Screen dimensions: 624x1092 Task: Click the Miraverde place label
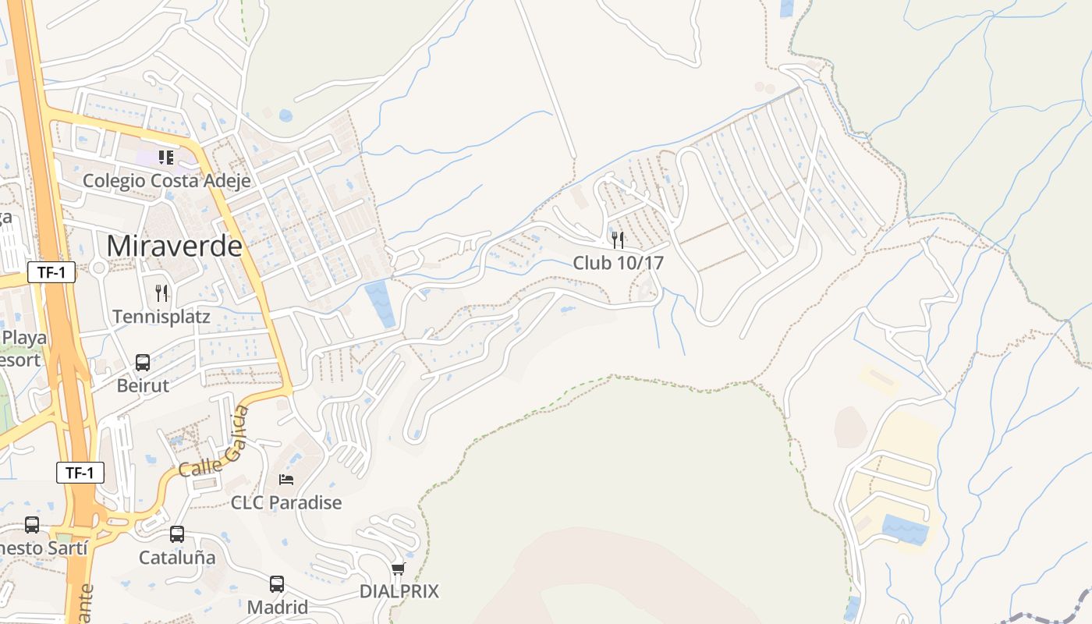click(174, 246)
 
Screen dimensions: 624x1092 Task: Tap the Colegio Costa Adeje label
click(167, 181)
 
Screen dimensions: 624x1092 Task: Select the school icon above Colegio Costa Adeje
click(165, 158)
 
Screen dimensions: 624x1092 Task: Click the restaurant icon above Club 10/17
click(618, 239)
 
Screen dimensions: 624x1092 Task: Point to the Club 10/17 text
click(618, 263)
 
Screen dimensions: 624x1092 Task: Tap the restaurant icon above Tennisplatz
click(161, 293)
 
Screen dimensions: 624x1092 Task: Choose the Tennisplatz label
click(161, 317)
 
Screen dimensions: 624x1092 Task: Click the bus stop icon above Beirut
click(143, 362)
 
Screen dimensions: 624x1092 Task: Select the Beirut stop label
click(143, 385)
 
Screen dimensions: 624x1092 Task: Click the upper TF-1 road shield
click(51, 272)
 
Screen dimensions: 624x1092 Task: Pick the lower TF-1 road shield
click(80, 473)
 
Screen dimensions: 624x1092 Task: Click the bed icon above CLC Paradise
click(286, 479)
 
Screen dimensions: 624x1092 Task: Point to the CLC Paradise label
click(286, 502)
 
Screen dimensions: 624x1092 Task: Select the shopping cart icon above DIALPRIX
click(399, 569)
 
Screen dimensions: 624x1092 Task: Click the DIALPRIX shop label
click(399, 591)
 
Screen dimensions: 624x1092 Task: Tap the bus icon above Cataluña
click(177, 534)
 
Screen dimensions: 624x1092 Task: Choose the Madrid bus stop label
click(277, 607)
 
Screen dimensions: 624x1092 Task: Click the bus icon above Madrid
click(277, 583)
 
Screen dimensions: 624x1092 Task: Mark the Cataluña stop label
click(177, 558)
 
